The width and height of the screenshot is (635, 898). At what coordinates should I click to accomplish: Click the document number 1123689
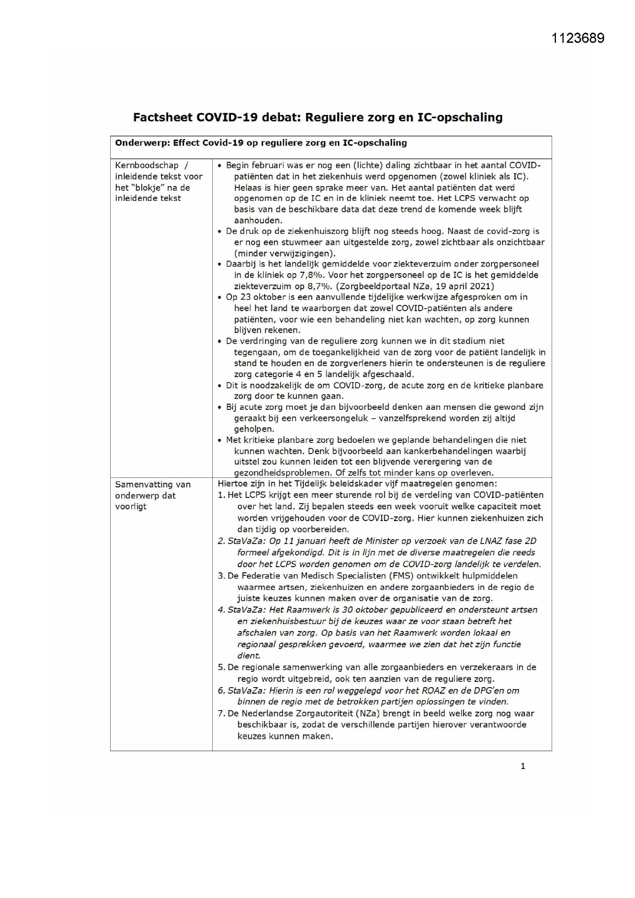(x=577, y=38)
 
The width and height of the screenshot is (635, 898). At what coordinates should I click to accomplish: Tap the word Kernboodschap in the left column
(x=147, y=166)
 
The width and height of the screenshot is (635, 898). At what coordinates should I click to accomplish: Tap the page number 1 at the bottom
(x=523, y=766)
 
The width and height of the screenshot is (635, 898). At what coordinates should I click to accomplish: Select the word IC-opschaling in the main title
(x=460, y=117)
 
